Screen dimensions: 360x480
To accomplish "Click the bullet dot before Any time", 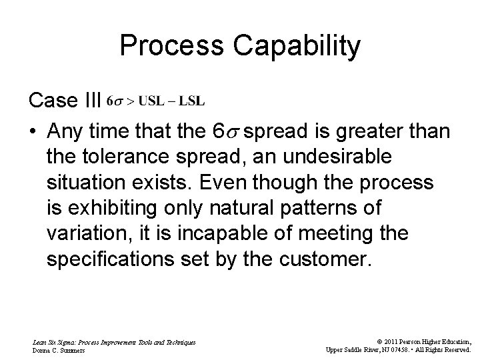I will tap(33, 131).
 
